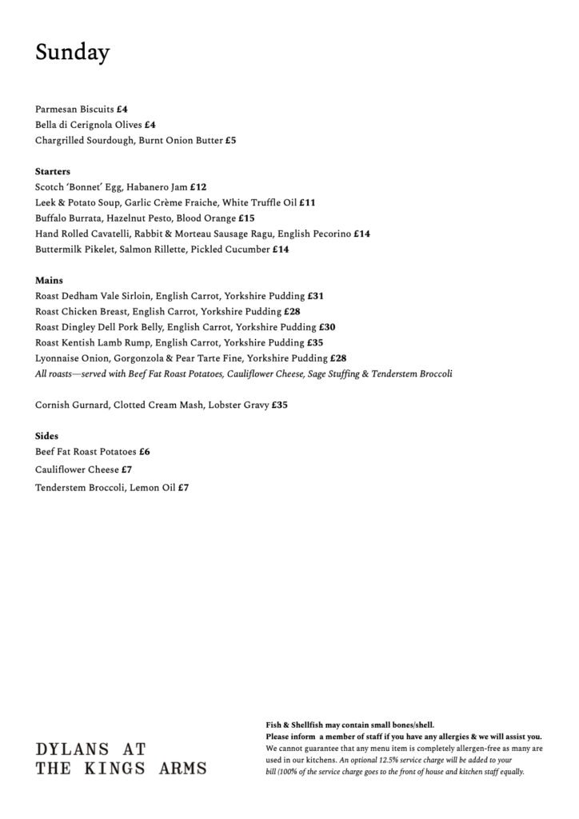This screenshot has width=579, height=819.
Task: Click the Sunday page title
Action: (x=73, y=53)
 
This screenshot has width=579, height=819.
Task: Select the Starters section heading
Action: (x=53, y=171)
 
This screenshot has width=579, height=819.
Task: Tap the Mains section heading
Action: (x=50, y=281)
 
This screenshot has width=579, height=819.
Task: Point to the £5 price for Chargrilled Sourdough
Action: (x=230, y=140)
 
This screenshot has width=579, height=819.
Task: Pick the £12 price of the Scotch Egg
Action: (x=198, y=187)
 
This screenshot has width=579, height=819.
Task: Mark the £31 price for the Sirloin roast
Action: (x=315, y=296)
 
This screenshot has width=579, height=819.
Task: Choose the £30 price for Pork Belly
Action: (x=327, y=327)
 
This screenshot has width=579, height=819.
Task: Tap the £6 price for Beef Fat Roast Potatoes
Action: (x=145, y=452)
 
